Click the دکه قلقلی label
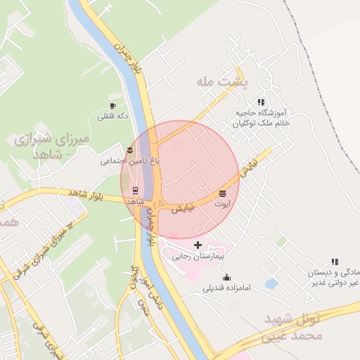click(112, 117)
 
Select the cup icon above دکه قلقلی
click(112, 106)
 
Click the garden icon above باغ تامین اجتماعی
click(130, 150)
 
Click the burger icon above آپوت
click(223, 193)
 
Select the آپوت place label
click(223, 204)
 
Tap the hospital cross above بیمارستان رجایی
click(198, 245)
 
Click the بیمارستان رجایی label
click(198, 257)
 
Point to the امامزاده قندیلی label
click(227, 288)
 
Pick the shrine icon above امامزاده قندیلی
click(226, 277)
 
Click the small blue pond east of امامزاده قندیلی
click(271, 283)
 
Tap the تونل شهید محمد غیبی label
click(293, 327)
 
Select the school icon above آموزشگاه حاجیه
click(262, 102)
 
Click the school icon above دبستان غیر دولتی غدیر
click(326, 262)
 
